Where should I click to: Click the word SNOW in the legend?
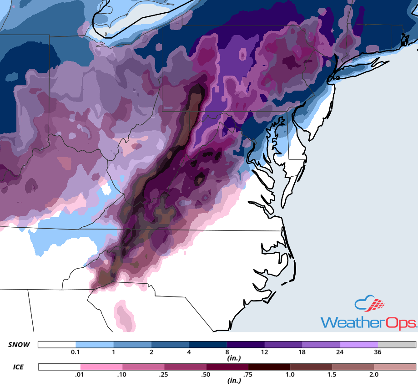[19, 345]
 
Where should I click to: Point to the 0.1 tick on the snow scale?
[76, 352]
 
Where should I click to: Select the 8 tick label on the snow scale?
[227, 352]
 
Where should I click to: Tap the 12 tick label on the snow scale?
[264, 352]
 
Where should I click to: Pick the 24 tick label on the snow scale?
[340, 352]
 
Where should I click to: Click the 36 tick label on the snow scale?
[378, 352]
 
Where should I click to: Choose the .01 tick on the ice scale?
[81, 374]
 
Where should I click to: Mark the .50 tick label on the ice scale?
[206, 374]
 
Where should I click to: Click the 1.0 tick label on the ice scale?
[290, 374]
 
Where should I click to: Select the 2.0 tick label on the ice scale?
[373, 374]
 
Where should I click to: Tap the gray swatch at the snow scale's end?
[397, 345]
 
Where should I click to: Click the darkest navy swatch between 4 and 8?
[207, 345]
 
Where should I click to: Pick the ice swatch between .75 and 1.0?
[269, 367]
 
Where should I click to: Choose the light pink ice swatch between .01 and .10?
[101, 367]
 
